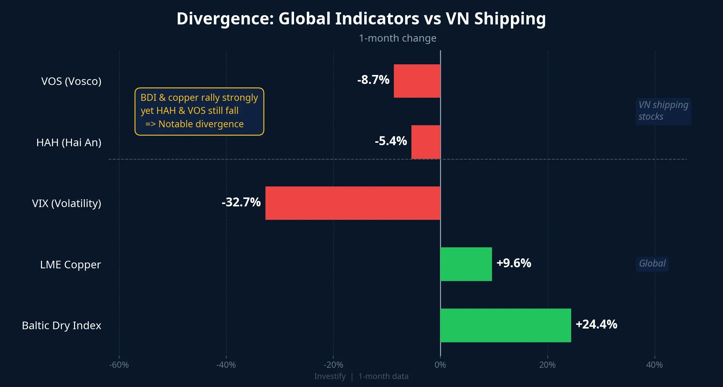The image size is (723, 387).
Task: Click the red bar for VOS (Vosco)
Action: (x=417, y=81)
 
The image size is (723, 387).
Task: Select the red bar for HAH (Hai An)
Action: (x=426, y=142)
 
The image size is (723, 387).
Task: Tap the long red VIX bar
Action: (x=353, y=203)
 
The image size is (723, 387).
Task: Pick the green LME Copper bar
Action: (x=466, y=264)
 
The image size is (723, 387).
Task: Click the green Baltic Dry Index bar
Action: (x=505, y=325)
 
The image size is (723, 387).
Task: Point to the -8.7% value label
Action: (x=373, y=80)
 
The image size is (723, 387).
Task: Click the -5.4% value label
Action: (x=391, y=141)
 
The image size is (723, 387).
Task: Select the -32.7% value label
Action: (x=241, y=202)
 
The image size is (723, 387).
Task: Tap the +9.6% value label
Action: (x=514, y=263)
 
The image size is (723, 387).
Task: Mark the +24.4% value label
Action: (x=596, y=324)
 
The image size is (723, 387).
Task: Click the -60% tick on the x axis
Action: (x=119, y=365)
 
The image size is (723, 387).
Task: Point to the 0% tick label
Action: (x=440, y=365)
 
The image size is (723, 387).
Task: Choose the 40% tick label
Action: (x=654, y=365)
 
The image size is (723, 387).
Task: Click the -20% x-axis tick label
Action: (x=333, y=365)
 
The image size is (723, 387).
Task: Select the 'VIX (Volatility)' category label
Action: (x=66, y=203)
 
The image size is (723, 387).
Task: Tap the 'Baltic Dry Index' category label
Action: (x=61, y=325)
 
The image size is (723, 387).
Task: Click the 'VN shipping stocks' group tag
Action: (x=663, y=111)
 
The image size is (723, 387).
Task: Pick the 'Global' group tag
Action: (x=652, y=264)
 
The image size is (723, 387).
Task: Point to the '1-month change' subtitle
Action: (x=397, y=38)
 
